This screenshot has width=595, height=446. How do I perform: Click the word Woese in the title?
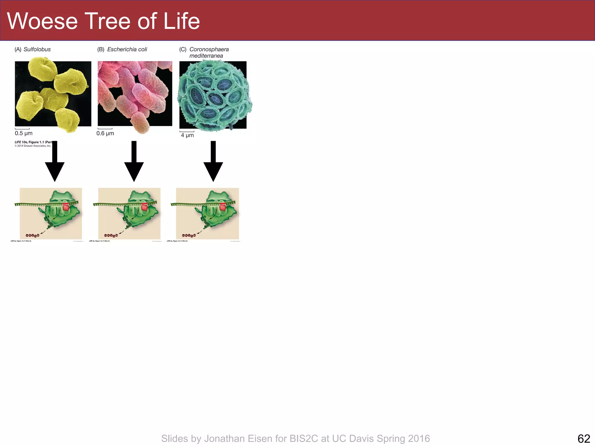coord(42,21)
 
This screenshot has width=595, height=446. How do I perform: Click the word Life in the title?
coord(182,21)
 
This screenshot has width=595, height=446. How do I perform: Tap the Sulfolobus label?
coord(37,49)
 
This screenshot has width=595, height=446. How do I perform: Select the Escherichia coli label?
coord(127,49)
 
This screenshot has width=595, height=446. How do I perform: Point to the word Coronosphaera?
coord(209,49)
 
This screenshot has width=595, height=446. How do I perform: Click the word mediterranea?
coord(206,56)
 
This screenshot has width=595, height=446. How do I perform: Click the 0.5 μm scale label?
coord(24,133)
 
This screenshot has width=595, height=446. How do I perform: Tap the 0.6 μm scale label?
coord(105,133)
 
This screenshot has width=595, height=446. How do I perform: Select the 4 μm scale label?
coord(187,135)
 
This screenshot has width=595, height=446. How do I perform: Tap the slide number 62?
coord(584,438)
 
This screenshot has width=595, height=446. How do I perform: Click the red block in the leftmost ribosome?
coord(66,207)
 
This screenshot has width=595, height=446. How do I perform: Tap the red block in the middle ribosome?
coord(144,207)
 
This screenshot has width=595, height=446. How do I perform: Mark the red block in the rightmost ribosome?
coord(223,207)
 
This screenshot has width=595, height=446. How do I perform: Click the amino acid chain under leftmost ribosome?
coord(33,235)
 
